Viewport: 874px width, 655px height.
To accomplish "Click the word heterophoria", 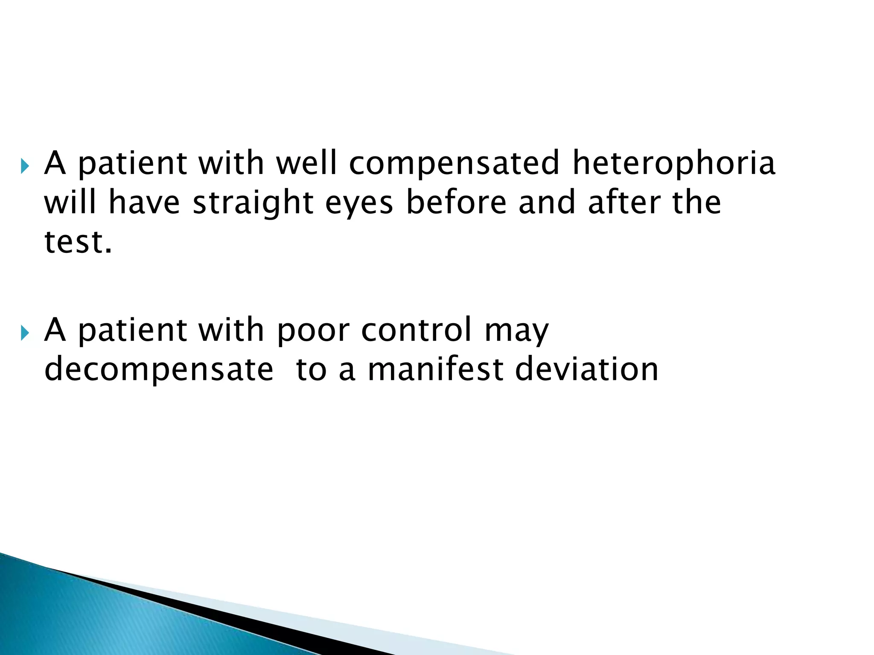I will point(673,163).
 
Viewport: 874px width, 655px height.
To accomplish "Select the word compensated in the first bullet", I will point(454,164).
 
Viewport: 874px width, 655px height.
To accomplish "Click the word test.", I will point(77,242).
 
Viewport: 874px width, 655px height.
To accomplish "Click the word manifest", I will point(436,369).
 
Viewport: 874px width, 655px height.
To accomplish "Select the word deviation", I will point(587,369).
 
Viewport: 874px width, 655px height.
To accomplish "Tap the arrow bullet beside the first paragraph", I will point(25,165).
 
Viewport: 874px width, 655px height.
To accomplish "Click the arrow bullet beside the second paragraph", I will point(25,331).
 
